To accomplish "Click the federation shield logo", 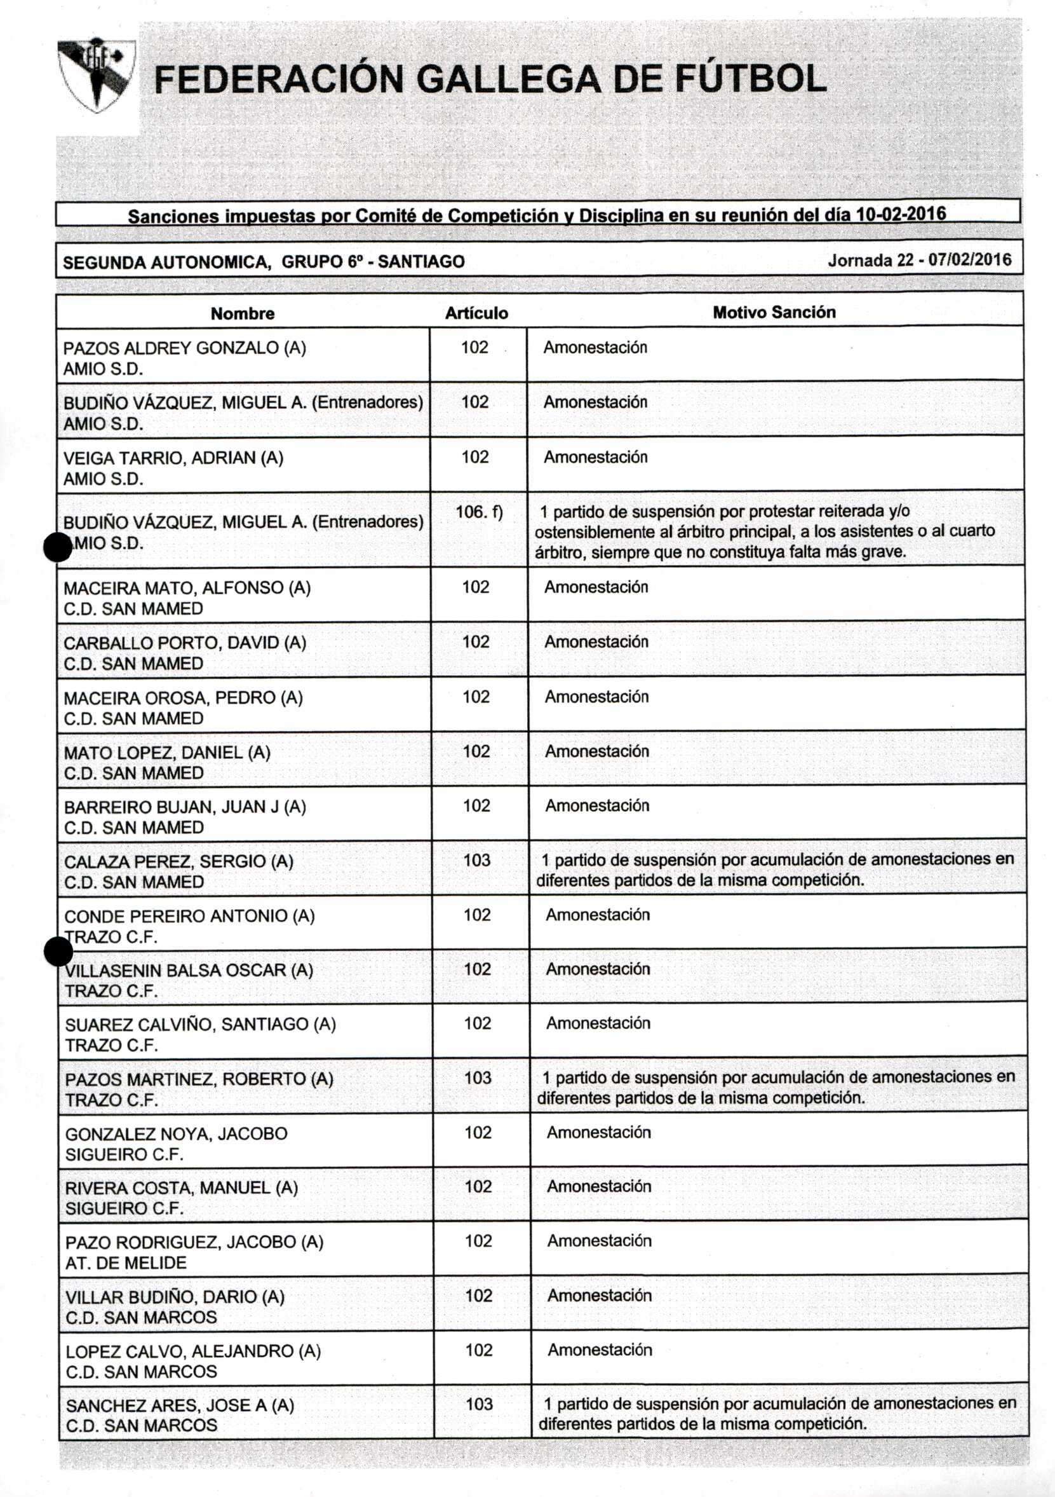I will point(97,75).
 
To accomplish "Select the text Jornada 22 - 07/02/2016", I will point(919,260).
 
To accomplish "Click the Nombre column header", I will point(243,313).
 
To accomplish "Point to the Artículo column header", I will point(476,313).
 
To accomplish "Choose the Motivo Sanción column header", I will point(774,312).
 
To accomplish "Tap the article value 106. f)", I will point(479,512).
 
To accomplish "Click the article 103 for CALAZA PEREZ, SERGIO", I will point(476,860).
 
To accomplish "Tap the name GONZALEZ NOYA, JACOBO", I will point(176,1134).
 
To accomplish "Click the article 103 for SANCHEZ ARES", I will point(479,1404).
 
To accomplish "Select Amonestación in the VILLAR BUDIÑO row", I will point(599,1295).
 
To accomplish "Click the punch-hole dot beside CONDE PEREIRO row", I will point(58,953).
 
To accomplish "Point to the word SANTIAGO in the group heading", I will point(421,262).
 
